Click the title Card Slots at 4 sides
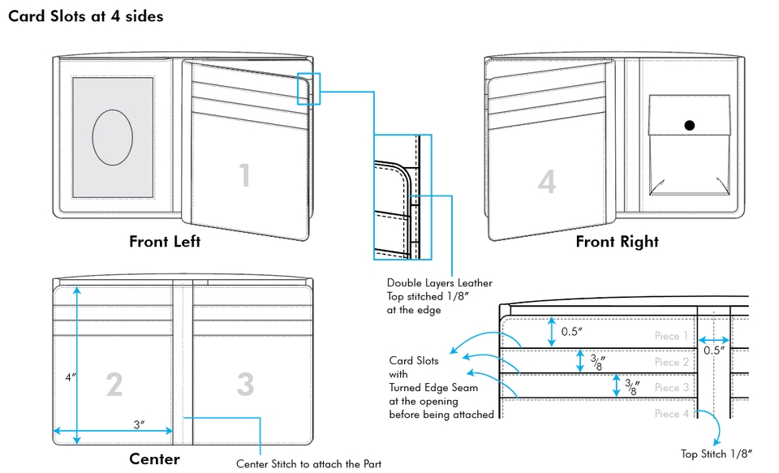click(85, 16)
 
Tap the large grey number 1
click(244, 174)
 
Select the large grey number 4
click(547, 182)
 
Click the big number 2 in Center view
click(114, 385)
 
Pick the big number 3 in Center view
click(245, 385)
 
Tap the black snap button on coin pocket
click(689, 126)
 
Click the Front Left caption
click(165, 242)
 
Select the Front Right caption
click(617, 242)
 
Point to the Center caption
click(154, 459)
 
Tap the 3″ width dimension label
click(139, 424)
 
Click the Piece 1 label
click(672, 336)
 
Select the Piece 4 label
click(672, 414)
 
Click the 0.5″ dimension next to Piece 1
click(571, 331)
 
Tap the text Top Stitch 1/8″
click(717, 454)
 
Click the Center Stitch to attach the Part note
click(308, 464)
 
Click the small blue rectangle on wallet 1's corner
click(308, 88)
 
